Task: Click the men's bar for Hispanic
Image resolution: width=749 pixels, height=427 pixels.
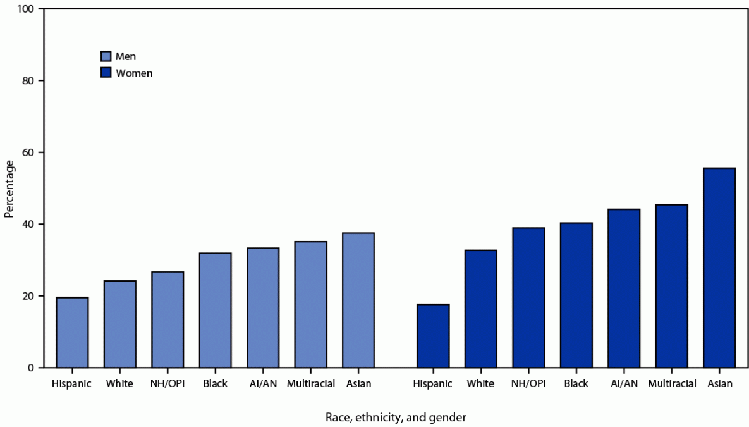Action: pyautogui.click(x=72, y=332)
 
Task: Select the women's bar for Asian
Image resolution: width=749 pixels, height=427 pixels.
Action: pyautogui.click(x=719, y=268)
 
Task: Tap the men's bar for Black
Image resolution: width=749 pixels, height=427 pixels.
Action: pyautogui.click(x=216, y=310)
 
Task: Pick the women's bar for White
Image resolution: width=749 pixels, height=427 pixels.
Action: pyautogui.click(x=480, y=309)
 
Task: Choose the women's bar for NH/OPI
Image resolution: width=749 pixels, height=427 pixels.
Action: pyautogui.click(x=528, y=297)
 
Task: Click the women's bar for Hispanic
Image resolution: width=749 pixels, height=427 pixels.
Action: pyautogui.click(x=433, y=336)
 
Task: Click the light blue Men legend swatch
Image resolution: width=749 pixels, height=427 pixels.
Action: pyautogui.click(x=106, y=56)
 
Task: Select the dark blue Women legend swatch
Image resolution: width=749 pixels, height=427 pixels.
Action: pyautogui.click(x=106, y=73)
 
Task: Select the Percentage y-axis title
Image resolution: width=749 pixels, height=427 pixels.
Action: pyautogui.click(x=9, y=189)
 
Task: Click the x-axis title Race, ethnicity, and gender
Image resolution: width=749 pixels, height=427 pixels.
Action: pyautogui.click(x=396, y=417)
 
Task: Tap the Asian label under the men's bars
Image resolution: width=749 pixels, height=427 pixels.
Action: pyautogui.click(x=358, y=383)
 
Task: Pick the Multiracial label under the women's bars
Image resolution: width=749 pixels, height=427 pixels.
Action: pyautogui.click(x=671, y=383)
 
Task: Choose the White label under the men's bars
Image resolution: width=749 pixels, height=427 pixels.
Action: pyautogui.click(x=120, y=383)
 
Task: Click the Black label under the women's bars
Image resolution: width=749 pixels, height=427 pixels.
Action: pyautogui.click(x=576, y=383)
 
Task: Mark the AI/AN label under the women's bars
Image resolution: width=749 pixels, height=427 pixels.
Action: pyautogui.click(x=624, y=383)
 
